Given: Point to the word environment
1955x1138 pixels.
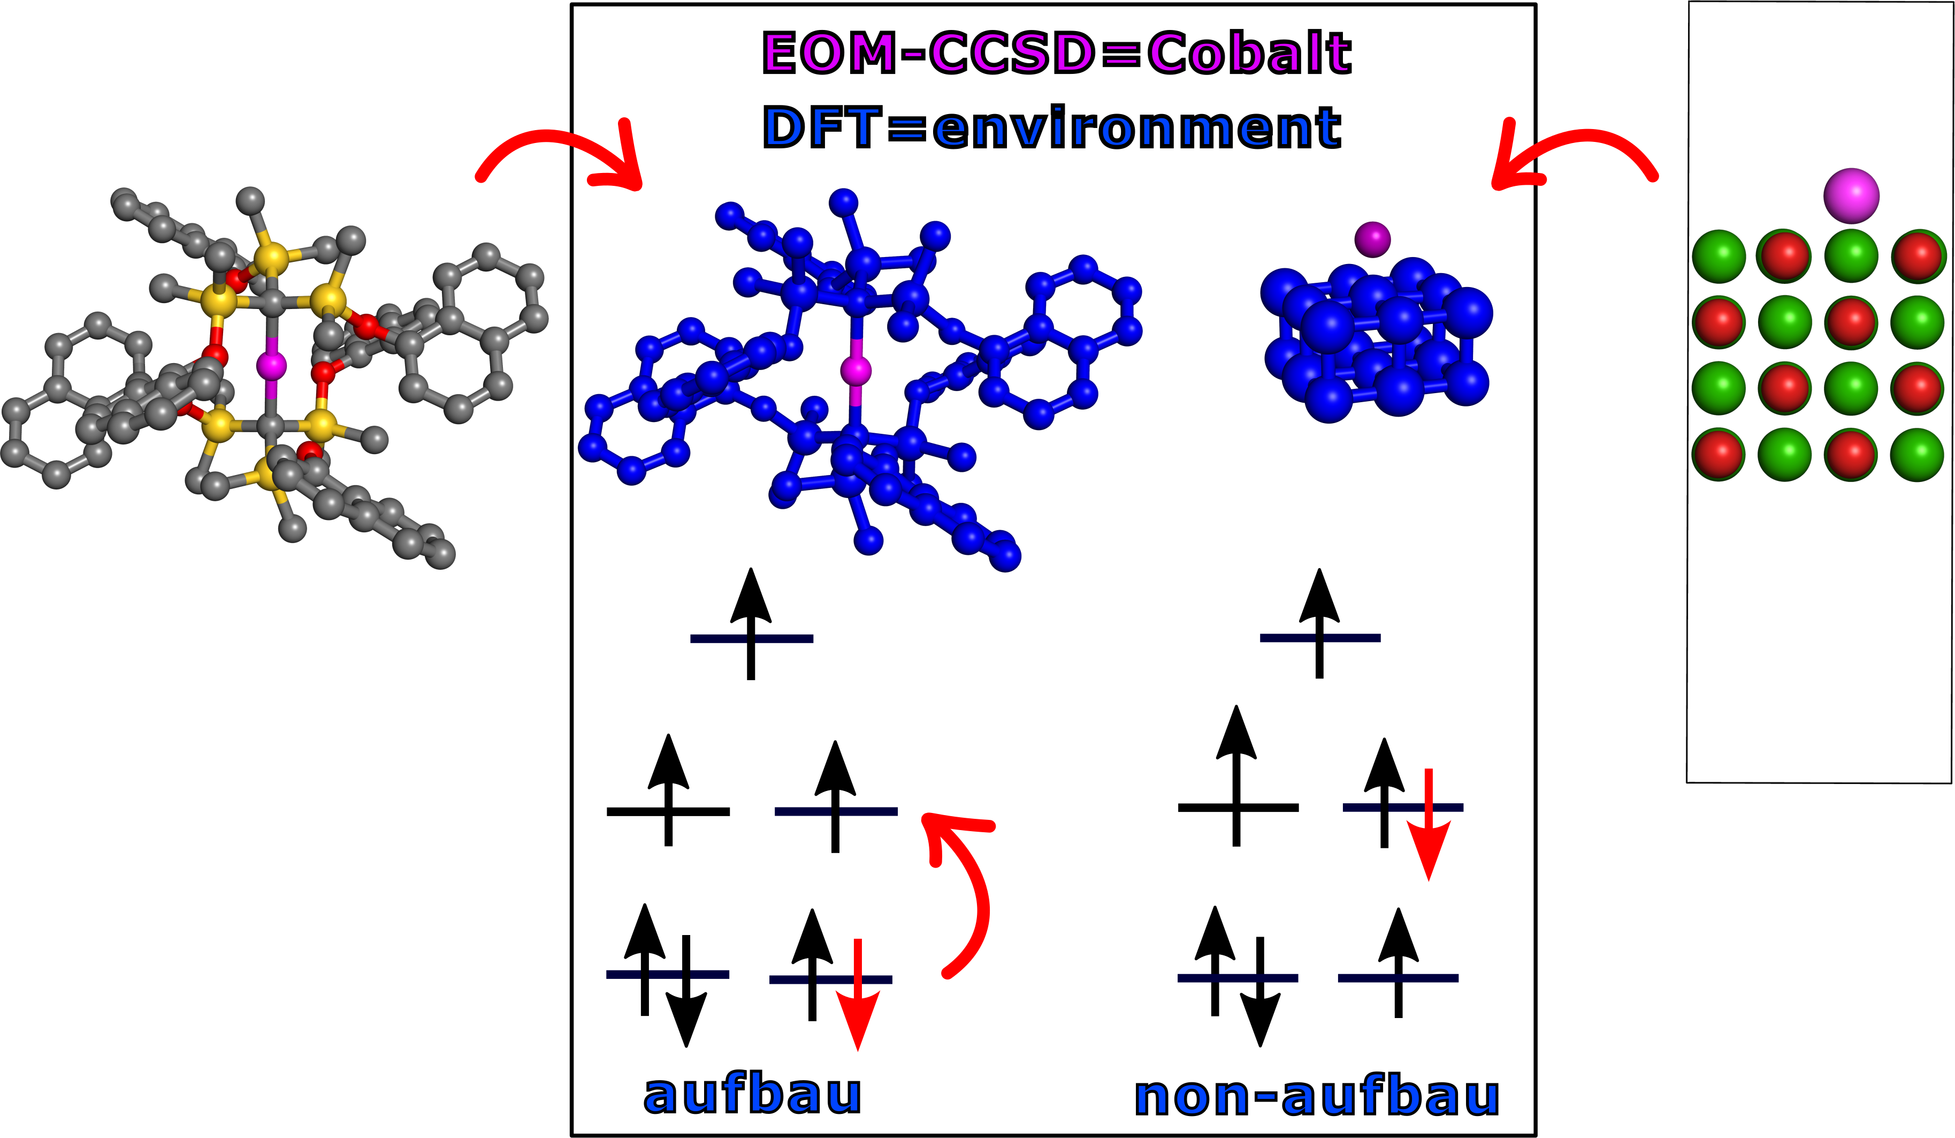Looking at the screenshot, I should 1136,128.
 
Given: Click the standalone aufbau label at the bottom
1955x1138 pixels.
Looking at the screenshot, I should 752,1095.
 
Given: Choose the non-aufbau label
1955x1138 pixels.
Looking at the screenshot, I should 1317,1096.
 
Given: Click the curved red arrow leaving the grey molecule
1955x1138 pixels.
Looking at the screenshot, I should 559,155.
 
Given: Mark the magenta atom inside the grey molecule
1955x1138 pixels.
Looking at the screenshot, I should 272,365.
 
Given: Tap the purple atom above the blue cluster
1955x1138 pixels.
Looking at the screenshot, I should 1372,239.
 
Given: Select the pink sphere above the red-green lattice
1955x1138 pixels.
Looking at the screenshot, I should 1851,195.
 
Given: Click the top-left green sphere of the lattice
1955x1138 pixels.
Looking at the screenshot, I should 1719,255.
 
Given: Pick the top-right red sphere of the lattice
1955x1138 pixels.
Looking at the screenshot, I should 1918,255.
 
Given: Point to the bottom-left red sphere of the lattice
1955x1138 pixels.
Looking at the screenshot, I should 1719,454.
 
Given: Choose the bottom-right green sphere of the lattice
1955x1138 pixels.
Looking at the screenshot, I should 1918,454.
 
